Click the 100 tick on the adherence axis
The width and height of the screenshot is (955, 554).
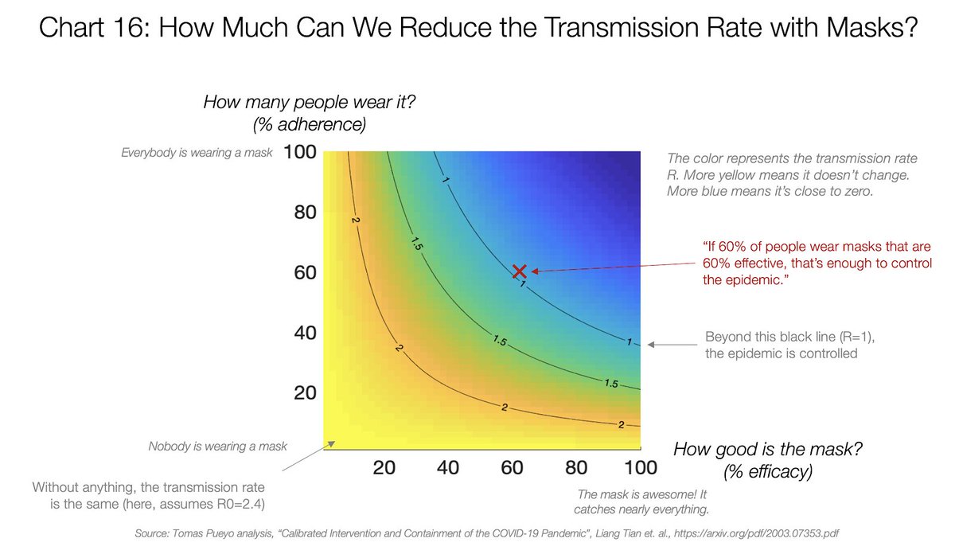pyautogui.click(x=302, y=152)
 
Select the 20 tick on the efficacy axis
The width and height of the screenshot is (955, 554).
pyautogui.click(x=385, y=467)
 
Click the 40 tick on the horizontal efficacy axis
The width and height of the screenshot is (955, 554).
pyautogui.click(x=448, y=467)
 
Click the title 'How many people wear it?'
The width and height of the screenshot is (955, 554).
pyautogui.click(x=288, y=102)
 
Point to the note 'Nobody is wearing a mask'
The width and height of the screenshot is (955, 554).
pyautogui.click(x=217, y=447)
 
